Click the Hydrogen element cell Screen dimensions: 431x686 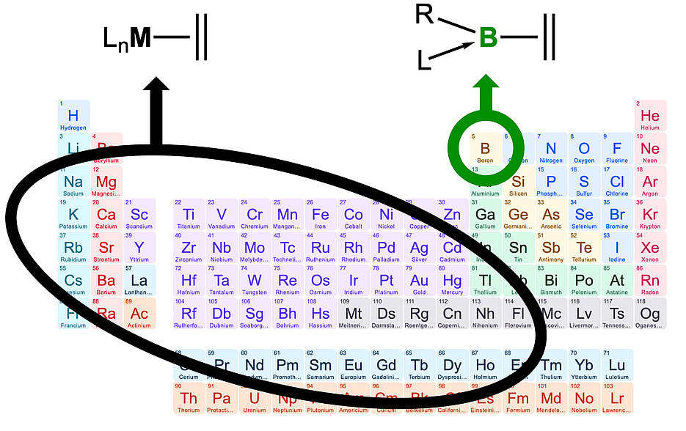click(73, 116)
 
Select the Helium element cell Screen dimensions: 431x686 click(650, 116)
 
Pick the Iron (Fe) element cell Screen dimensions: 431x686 click(321, 215)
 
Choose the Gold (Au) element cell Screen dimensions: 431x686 click(420, 281)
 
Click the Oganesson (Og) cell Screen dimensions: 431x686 click(650, 314)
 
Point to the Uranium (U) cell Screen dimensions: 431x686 click(255, 399)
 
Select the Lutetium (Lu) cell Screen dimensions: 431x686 click(617, 366)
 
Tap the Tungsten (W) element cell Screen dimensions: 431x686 click(255, 281)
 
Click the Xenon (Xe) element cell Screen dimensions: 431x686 click(650, 248)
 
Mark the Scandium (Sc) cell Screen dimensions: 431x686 click(139, 215)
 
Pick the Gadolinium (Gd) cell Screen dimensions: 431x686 click(387, 366)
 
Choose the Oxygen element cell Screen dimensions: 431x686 click(584, 149)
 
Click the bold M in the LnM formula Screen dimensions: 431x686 click(139, 37)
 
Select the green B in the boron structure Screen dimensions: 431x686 click(488, 37)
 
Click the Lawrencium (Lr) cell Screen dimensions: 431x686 click(617, 399)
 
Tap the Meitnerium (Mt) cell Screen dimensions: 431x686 click(354, 314)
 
